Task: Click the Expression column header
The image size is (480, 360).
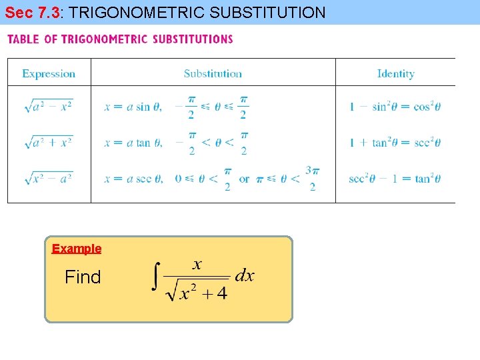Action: pyautogui.click(x=49, y=73)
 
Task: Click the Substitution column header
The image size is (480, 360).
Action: pyautogui.click(x=213, y=73)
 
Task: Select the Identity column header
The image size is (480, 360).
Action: pyautogui.click(x=395, y=73)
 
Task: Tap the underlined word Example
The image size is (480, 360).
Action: pyautogui.click(x=77, y=249)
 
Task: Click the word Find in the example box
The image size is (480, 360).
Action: pyautogui.click(x=83, y=277)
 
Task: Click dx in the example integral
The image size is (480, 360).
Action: pyautogui.click(x=244, y=276)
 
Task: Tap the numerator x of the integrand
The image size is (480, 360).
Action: pyautogui.click(x=197, y=265)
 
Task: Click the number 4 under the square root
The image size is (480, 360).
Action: pyautogui.click(x=221, y=293)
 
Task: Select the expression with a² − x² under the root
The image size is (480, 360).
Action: pyautogui.click(x=48, y=106)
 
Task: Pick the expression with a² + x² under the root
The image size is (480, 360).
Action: pyautogui.click(x=48, y=142)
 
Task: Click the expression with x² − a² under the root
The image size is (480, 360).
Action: pyautogui.click(x=48, y=178)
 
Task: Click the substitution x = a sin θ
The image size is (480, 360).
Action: pyautogui.click(x=133, y=107)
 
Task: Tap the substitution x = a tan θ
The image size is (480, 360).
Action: pyautogui.click(x=133, y=143)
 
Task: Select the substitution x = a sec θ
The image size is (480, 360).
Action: pyautogui.click(x=133, y=179)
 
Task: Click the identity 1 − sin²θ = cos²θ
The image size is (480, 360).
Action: pyautogui.click(x=395, y=107)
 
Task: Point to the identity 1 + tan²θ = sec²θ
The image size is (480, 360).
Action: pyautogui.click(x=395, y=143)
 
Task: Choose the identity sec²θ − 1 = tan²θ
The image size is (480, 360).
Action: pyautogui.click(x=395, y=179)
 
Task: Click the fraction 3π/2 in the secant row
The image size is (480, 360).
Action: pyautogui.click(x=312, y=179)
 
